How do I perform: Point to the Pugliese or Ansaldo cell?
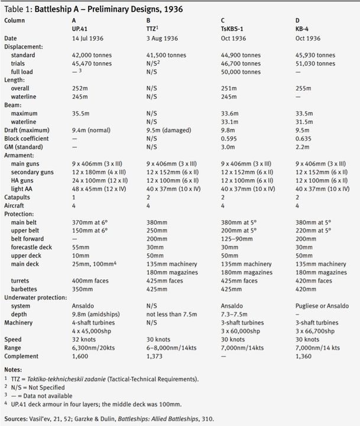click(x=322, y=306)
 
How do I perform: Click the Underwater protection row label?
click(x=34, y=298)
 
